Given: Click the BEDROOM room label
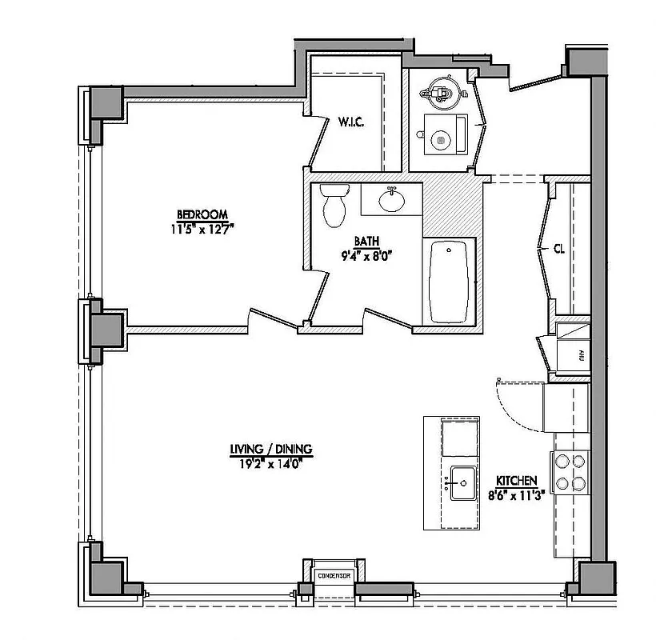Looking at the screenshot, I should coord(202,214).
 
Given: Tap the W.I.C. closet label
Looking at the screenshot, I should coord(352,122).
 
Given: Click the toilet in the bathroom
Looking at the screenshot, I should coord(334,204).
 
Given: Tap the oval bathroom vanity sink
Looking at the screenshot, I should coord(391,199).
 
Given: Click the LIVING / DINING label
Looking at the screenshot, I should coord(270,449).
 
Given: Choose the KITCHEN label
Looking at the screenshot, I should coord(516,480).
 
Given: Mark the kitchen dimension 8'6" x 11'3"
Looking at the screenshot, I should coord(516,494).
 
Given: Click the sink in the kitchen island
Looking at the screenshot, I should coord(462,483).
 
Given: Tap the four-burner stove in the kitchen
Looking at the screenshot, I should coord(570,472).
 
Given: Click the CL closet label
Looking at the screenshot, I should coord(559,249).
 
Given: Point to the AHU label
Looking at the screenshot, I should coord(581,356).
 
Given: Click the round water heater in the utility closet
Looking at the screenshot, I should coord(439,91).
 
